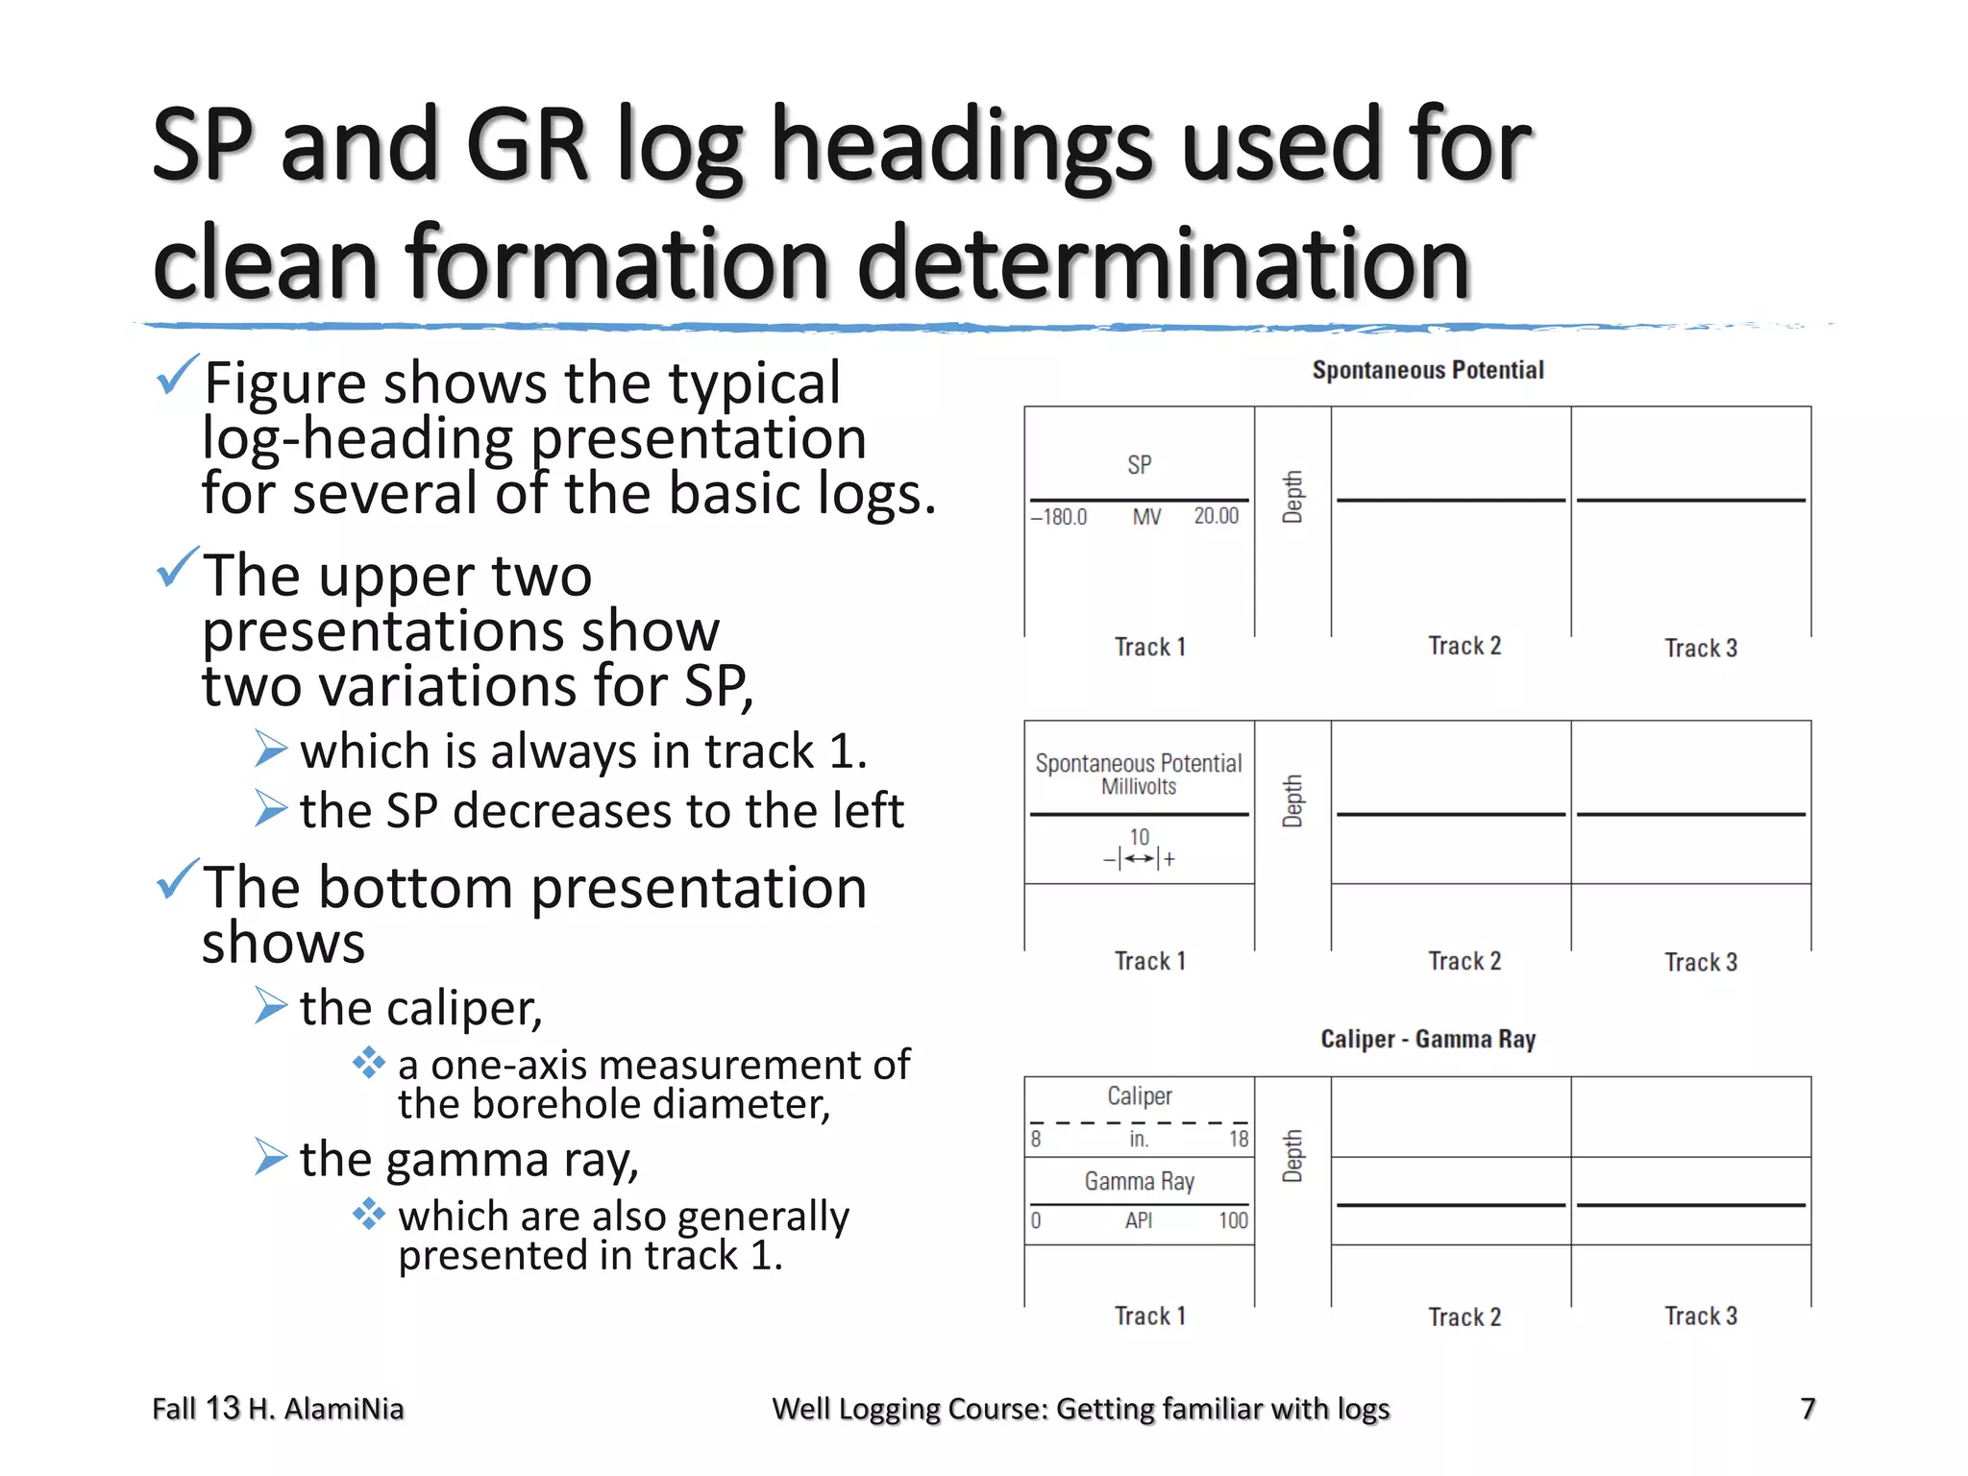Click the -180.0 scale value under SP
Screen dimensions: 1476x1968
click(1059, 517)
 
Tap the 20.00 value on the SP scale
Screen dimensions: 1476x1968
click(1216, 516)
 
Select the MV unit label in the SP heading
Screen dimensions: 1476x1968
click(1146, 517)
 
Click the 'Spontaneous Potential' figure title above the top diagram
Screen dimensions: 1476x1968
click(1428, 370)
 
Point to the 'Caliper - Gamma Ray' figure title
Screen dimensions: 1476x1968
click(1428, 1039)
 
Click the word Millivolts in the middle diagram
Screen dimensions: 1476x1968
click(1139, 787)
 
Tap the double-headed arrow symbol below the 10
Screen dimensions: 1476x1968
click(1140, 859)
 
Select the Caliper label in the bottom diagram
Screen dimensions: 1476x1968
click(1140, 1096)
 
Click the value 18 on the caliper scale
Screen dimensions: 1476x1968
click(1239, 1140)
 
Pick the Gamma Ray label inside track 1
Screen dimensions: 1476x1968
click(1140, 1181)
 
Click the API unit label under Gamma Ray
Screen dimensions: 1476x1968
click(1139, 1221)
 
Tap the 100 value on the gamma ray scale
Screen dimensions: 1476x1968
click(1233, 1221)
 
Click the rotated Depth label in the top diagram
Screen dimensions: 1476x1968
click(1293, 497)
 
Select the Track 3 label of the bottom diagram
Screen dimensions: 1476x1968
click(1701, 1316)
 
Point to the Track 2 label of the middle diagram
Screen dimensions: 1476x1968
click(1464, 961)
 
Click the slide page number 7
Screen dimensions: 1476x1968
click(1808, 1409)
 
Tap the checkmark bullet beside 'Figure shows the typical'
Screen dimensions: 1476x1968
click(178, 375)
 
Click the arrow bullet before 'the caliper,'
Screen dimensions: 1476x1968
click(271, 1005)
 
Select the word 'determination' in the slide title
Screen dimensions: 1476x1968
click(1163, 262)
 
